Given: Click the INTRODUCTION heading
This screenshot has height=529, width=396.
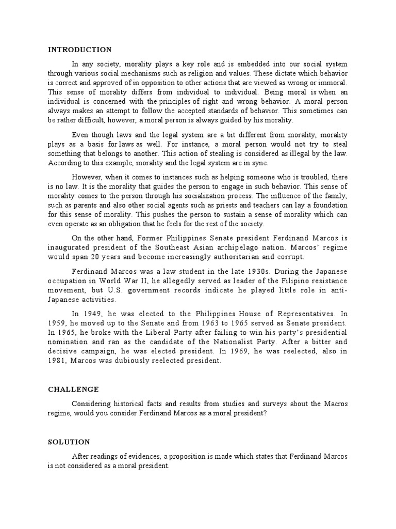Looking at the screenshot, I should click(79, 50).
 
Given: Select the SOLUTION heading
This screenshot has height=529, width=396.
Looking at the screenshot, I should click(69, 442).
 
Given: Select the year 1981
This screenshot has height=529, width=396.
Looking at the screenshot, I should click(57, 361).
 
